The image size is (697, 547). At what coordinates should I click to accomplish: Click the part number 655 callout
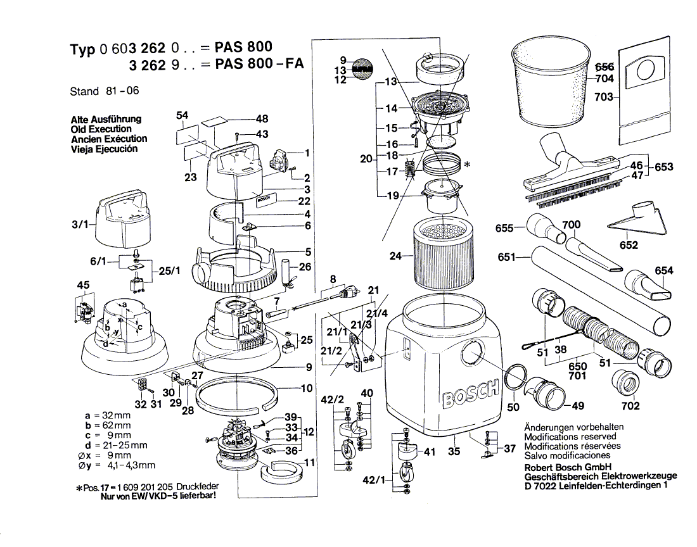tap(506, 229)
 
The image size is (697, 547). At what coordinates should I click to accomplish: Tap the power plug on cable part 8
tap(347, 292)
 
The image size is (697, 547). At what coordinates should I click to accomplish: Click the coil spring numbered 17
tap(409, 170)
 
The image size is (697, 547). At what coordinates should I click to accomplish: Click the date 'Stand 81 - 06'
tap(104, 91)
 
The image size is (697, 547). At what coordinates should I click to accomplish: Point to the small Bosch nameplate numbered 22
tap(265, 201)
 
